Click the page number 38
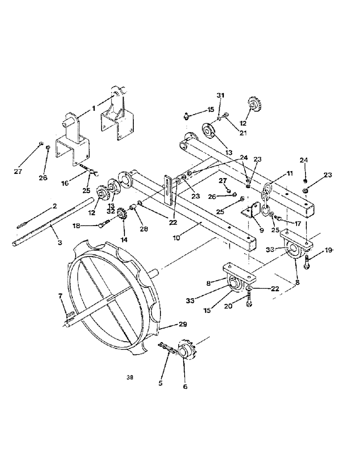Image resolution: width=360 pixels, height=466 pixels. click(129, 378)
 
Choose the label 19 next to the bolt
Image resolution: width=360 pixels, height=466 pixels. click(328, 250)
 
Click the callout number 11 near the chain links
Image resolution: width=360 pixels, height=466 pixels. click(290, 173)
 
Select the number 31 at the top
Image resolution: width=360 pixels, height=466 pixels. click(221, 95)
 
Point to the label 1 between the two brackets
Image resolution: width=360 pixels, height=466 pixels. click(93, 108)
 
